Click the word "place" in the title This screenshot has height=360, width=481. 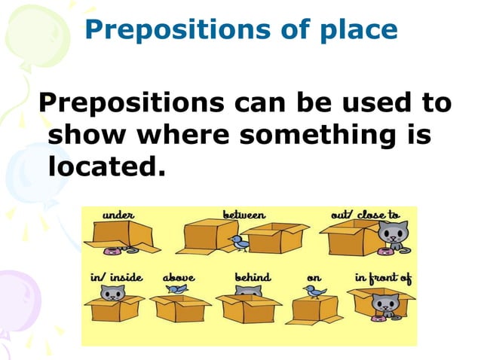[x=358, y=30]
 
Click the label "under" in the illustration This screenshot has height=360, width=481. [x=118, y=215]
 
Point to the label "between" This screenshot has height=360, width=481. [x=244, y=215]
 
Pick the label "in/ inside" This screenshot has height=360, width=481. [x=116, y=276]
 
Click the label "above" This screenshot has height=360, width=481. [x=179, y=276]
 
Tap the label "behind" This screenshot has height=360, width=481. [x=253, y=276]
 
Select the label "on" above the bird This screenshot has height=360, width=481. [x=314, y=277]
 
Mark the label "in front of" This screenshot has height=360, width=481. [x=383, y=277]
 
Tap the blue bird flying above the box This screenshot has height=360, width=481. [x=179, y=288]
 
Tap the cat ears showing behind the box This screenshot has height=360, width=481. [x=254, y=290]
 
